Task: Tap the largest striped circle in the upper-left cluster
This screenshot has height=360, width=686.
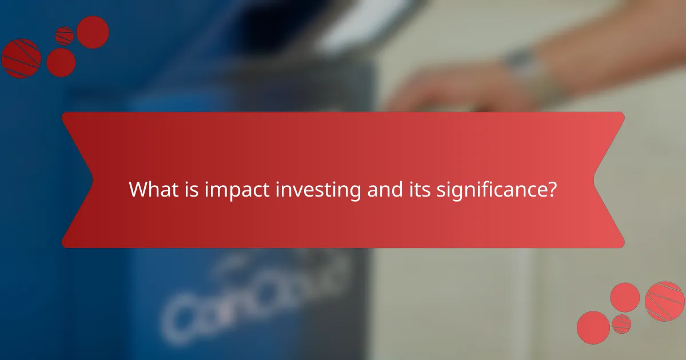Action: coord(21,58)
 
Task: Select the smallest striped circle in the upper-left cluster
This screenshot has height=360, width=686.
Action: coord(65,35)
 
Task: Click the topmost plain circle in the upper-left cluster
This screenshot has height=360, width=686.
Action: coord(93,32)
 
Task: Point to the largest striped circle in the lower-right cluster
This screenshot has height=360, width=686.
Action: coord(664,301)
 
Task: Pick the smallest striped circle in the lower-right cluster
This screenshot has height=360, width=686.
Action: coord(621,324)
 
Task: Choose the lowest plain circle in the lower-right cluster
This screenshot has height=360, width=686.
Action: coord(593,327)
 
